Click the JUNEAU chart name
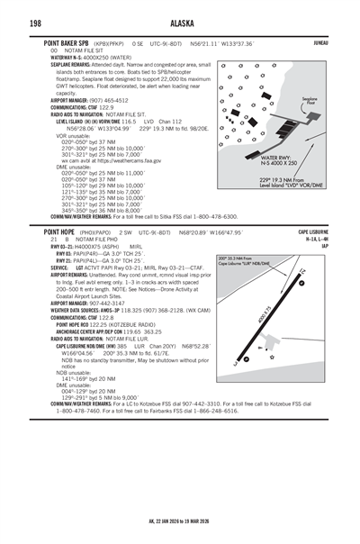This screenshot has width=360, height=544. (344, 42)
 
